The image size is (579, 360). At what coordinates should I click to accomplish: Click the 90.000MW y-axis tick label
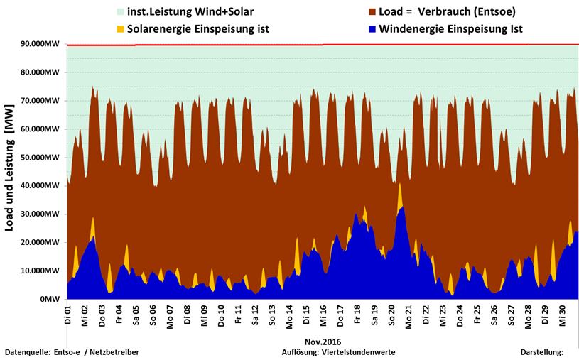[39, 44]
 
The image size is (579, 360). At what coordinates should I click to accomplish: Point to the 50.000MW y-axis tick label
[39, 158]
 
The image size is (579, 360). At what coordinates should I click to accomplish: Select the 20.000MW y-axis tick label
[39, 243]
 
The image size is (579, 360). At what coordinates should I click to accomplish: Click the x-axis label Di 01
[68, 314]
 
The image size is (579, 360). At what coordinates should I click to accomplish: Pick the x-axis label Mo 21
[408, 314]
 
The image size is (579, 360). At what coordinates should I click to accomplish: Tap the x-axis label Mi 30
[562, 314]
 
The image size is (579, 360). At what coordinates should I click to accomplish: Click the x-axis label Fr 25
[477, 314]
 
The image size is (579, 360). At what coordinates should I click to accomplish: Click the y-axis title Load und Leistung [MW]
[10, 170]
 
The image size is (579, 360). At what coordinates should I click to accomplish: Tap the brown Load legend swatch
[372, 12]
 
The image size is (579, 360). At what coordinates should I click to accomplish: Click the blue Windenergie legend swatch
[372, 29]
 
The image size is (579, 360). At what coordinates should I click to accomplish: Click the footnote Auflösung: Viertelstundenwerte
[338, 352]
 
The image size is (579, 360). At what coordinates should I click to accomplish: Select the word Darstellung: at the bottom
[541, 352]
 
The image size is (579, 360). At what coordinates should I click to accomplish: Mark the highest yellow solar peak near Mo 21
[400, 185]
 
